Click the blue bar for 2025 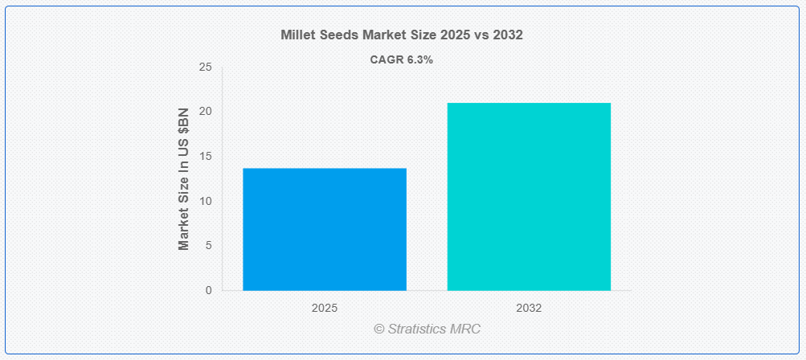click(x=325, y=229)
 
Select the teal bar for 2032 click(x=529, y=196)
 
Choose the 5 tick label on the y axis click(x=209, y=246)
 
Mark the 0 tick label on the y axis click(x=209, y=291)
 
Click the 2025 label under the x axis click(x=325, y=309)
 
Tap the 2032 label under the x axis click(x=529, y=309)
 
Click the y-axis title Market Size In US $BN click(x=184, y=179)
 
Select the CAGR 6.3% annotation click(x=402, y=60)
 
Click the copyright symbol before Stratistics click(x=379, y=329)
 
